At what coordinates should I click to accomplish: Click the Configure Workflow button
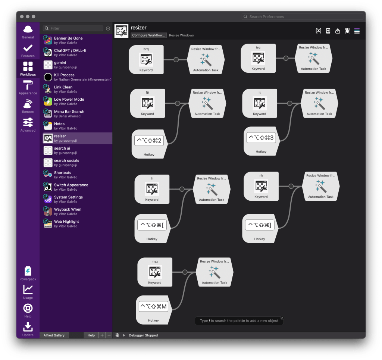[x=148, y=35]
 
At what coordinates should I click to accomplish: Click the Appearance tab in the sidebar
[x=28, y=87]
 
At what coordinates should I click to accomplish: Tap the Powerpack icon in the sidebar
[x=28, y=273]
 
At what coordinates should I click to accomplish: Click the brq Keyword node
[x=146, y=60]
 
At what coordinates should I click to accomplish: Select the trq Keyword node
[x=258, y=58]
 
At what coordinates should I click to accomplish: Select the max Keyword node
[x=155, y=273]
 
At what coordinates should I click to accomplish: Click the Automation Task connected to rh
[x=321, y=187]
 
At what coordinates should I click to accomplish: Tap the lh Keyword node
[x=152, y=190]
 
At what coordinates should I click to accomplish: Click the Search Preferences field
[x=303, y=17]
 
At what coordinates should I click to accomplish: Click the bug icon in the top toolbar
[x=347, y=31]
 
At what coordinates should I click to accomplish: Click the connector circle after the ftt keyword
[x=178, y=103]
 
